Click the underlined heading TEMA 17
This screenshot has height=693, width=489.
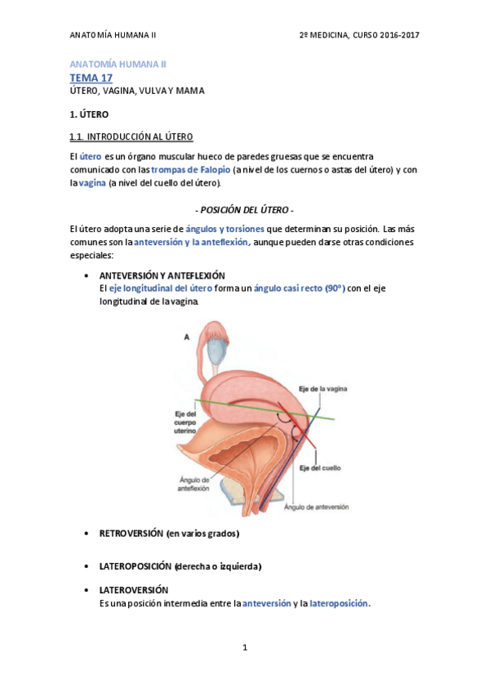click(x=91, y=78)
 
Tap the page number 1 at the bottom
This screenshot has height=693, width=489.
click(x=244, y=647)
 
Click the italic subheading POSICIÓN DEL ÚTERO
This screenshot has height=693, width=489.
click(x=245, y=209)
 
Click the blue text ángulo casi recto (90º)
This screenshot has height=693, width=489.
click(x=300, y=288)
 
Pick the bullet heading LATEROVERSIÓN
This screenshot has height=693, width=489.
click(x=133, y=589)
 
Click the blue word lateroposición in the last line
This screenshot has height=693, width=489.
click(x=340, y=603)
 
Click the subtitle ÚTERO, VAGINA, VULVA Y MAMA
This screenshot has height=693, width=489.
click(x=136, y=91)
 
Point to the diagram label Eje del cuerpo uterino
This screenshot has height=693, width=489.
click(x=186, y=422)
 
